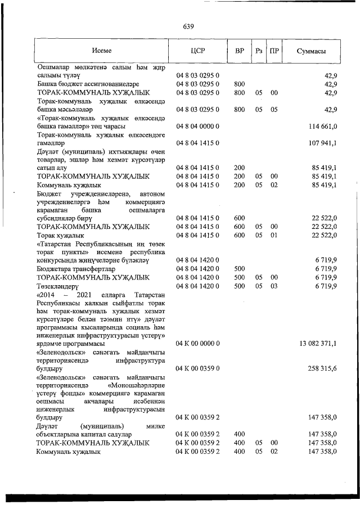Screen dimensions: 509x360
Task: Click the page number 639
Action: coord(188,26)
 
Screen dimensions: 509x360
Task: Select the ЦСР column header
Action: coord(197,51)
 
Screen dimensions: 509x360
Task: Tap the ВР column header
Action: coord(239,51)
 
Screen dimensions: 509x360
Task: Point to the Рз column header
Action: coord(259,51)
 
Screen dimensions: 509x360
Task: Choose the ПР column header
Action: coord(274,51)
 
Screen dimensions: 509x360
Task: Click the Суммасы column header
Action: coord(311,51)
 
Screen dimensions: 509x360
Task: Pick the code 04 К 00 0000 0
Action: coord(201,343)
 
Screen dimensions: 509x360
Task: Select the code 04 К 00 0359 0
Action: coord(201,368)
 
